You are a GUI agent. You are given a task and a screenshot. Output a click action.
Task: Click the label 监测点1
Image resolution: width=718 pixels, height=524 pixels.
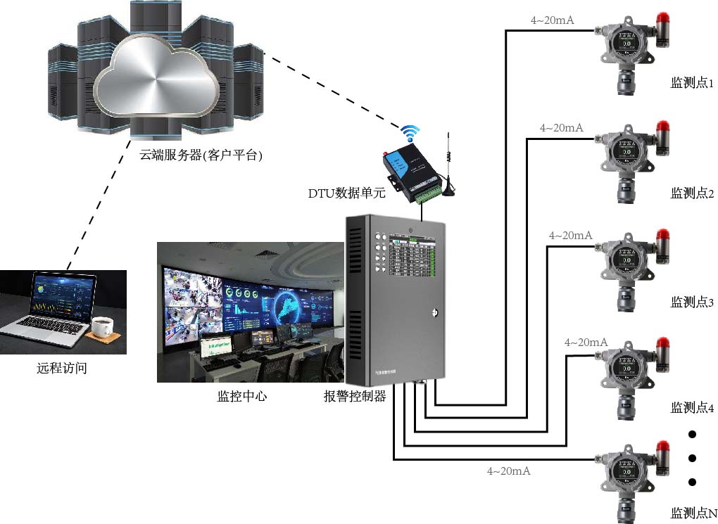pyautogui.click(x=692, y=84)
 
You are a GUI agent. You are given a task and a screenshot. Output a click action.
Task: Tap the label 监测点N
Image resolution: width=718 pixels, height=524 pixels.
pyautogui.click(x=693, y=513)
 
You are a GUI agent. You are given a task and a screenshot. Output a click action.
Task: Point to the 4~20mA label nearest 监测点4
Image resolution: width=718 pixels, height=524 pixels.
pyautogui.click(x=586, y=343)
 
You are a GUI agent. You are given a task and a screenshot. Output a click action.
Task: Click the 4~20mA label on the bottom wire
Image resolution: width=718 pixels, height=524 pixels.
pyautogui.click(x=508, y=471)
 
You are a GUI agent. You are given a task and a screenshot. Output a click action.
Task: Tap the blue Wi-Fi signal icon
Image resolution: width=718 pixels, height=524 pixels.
pyautogui.click(x=410, y=132)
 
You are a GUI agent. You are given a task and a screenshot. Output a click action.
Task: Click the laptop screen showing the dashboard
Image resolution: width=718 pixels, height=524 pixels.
pyautogui.click(x=61, y=295)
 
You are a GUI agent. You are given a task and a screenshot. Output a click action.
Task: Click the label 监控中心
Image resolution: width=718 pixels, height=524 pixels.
pyautogui.click(x=242, y=396)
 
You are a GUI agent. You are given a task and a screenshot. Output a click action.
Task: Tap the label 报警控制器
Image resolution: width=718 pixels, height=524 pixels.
pyautogui.click(x=355, y=396)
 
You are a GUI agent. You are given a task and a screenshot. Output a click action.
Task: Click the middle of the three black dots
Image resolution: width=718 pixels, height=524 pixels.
pyautogui.click(x=692, y=458)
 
